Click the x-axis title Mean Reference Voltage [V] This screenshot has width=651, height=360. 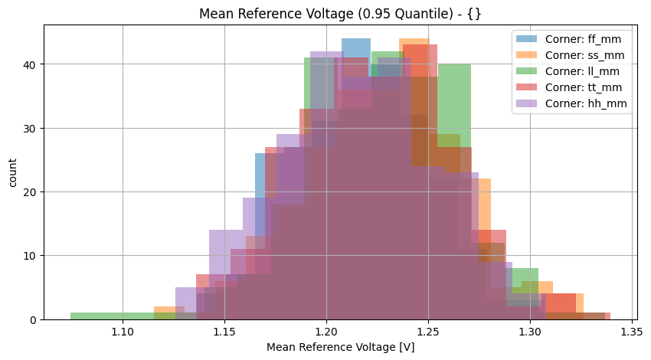pos(340,347)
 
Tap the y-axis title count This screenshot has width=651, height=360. pos(14,172)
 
